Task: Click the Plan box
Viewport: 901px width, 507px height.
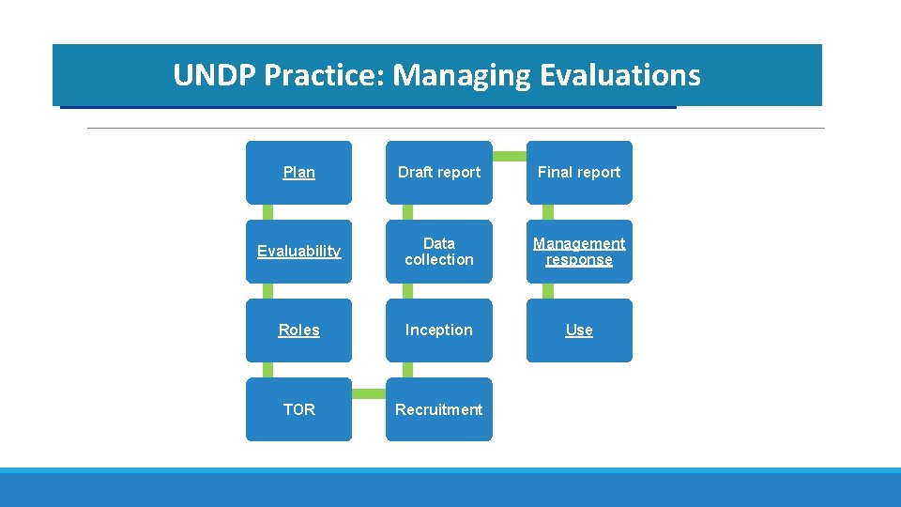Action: pos(298,172)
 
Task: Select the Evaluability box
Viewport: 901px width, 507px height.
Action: pos(298,251)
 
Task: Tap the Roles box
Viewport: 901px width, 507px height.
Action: pos(298,330)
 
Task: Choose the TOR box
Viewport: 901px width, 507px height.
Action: pos(298,409)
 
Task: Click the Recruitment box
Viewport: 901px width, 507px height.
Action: pos(438,409)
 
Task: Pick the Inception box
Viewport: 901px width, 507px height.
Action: pos(438,330)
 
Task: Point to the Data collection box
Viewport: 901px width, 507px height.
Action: pos(438,251)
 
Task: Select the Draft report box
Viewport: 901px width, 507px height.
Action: pos(438,172)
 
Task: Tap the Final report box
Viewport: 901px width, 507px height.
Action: pos(579,172)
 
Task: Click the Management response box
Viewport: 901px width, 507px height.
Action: pos(579,251)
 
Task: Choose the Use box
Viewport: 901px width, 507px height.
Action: pos(579,330)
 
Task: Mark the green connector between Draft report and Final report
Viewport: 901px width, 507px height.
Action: pos(509,155)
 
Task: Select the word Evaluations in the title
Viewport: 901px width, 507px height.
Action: pos(620,75)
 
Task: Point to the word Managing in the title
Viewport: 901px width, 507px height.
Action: pos(462,75)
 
